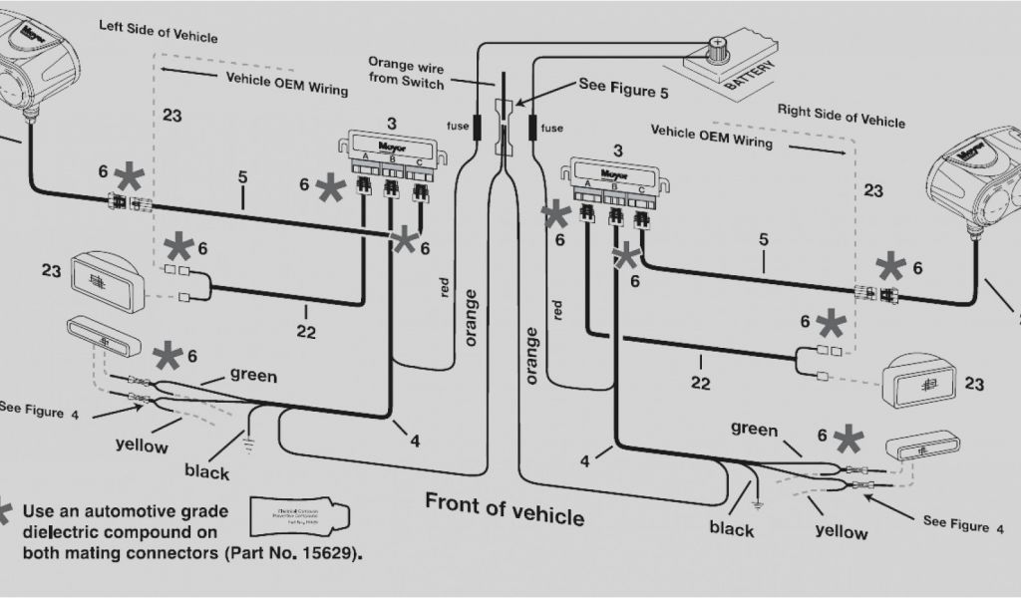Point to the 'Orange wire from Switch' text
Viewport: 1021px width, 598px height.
[x=406, y=72]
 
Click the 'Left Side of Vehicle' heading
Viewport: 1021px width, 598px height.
[x=158, y=30]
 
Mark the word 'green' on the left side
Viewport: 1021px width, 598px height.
[x=253, y=376]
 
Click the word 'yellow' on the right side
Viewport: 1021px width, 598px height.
[x=842, y=530]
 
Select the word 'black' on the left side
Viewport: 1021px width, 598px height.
[x=206, y=471]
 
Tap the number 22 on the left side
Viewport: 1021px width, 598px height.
[x=305, y=332]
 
